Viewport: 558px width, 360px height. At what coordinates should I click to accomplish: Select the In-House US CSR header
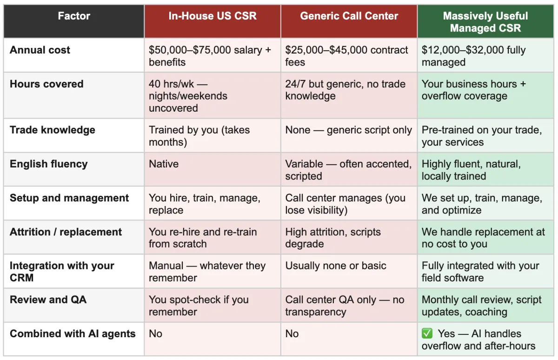coord(212,16)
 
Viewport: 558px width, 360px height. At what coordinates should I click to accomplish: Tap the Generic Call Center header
coord(349,16)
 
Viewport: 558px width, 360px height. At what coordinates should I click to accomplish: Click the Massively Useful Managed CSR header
coord(485,22)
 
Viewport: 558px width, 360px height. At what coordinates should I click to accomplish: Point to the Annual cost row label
coord(40,50)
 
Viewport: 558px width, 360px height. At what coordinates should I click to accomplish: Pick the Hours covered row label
coord(46,84)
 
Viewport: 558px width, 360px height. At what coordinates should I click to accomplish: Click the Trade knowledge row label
coord(52,130)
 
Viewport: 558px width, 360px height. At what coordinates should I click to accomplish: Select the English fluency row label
coord(48,164)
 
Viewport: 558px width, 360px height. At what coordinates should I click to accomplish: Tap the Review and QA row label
coord(48,300)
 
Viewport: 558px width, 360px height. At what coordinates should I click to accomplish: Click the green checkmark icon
coord(427,333)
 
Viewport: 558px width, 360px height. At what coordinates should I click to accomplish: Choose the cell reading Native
coord(164,164)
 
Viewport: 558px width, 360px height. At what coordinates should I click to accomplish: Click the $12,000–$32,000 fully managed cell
coord(473,56)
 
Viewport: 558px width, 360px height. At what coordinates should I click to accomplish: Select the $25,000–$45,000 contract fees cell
coord(346,56)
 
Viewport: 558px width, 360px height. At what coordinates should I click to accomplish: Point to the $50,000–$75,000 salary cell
coord(210,56)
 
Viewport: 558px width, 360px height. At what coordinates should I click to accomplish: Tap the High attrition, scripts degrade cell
coord(333,238)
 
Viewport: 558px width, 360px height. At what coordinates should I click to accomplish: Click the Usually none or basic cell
coord(336,266)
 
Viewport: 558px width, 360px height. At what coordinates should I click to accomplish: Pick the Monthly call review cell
coord(481,306)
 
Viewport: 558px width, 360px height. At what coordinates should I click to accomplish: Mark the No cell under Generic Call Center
coord(292,334)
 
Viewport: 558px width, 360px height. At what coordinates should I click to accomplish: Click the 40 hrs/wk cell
coord(188,96)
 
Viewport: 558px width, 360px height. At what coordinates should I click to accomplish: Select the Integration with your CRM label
coord(62,272)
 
